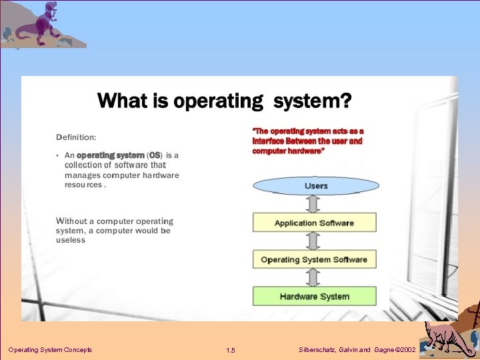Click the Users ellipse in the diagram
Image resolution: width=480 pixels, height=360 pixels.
[315, 185]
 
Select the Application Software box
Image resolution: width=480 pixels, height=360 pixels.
[314, 223]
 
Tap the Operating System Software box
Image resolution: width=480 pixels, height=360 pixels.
[314, 259]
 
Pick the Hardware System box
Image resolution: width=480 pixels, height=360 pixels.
[314, 296]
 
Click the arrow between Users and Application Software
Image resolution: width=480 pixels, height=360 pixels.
[315, 205]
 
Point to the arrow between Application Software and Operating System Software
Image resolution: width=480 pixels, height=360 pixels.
[315, 241]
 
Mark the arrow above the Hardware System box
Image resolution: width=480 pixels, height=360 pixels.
[315, 278]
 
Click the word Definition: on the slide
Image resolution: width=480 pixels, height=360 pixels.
[76, 137]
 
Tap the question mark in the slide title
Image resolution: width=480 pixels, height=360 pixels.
[345, 101]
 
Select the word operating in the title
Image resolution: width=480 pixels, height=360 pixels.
[218, 101]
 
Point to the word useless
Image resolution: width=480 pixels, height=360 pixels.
[71, 240]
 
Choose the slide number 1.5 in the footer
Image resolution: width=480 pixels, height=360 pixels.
[231, 351]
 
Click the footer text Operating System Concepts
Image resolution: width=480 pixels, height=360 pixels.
[50, 350]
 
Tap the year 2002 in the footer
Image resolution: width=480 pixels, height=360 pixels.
[408, 350]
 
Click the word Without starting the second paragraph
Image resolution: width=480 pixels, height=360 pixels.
[75, 221]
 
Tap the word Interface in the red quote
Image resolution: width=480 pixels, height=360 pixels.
[269, 141]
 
